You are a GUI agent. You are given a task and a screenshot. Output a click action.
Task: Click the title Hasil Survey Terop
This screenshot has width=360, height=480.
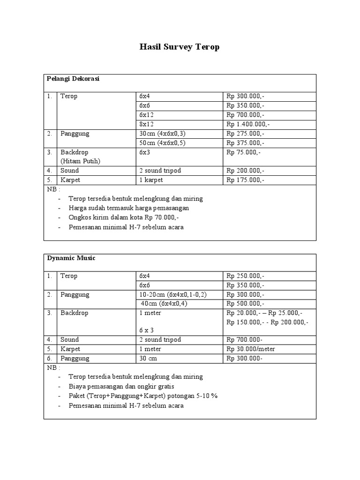180,47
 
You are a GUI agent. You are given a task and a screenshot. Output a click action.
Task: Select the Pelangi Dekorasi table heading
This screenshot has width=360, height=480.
73,79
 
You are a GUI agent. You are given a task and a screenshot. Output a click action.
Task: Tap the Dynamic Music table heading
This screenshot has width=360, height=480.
71,258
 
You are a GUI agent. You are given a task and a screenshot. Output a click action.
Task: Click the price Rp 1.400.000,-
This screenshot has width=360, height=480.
248,124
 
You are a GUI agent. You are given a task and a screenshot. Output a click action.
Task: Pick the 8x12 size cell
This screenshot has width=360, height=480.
146,124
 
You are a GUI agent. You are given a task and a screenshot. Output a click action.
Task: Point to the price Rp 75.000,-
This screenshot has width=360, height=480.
244,152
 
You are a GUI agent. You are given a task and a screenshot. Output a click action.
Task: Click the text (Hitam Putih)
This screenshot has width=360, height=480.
80,161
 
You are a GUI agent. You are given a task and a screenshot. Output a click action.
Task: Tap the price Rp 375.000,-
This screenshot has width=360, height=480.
246,143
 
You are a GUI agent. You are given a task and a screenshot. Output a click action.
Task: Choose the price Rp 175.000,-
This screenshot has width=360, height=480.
246,180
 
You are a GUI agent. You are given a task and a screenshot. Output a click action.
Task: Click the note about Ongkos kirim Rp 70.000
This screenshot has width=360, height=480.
124,217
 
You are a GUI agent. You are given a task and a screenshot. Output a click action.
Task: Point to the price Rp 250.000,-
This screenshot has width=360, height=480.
246,276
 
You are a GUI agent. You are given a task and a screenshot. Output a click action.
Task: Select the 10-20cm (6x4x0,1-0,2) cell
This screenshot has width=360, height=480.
172,295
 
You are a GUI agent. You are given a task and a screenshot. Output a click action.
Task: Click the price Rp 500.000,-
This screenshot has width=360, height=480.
246,304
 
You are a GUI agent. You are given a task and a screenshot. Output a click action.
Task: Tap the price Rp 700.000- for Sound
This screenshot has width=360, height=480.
245,339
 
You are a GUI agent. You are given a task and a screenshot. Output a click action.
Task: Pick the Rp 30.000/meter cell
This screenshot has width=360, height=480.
251,349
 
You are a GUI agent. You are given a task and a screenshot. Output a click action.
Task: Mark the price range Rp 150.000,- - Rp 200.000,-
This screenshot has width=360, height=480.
267,322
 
